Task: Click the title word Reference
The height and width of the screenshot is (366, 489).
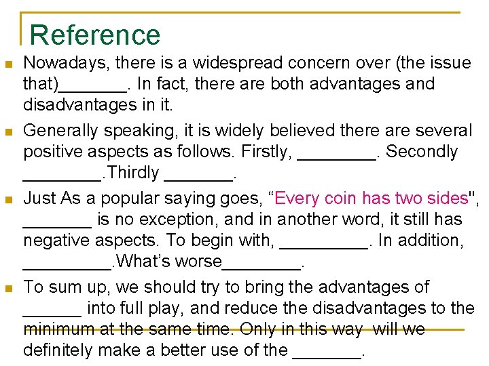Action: (x=96, y=35)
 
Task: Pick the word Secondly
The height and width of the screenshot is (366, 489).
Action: (x=422, y=152)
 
